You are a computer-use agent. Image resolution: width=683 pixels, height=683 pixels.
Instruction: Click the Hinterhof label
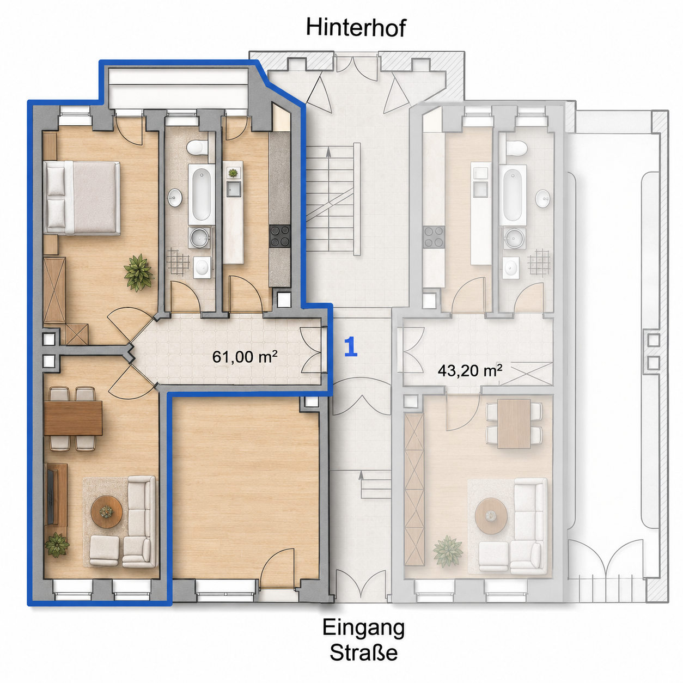(x=356, y=28)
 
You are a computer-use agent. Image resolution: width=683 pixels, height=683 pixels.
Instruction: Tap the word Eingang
(x=363, y=627)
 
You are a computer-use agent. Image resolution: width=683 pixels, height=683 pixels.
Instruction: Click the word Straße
(x=364, y=652)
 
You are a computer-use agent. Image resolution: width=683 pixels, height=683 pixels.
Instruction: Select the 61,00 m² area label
(x=245, y=357)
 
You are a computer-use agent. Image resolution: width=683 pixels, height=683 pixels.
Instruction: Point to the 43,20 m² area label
(x=469, y=371)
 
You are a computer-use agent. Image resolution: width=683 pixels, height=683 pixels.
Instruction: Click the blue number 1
(x=351, y=346)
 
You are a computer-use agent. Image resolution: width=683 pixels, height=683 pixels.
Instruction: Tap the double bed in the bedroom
(x=82, y=198)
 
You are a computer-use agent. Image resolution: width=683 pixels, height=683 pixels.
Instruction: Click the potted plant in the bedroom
(x=138, y=272)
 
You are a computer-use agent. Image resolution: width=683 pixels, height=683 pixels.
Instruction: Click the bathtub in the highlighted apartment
(x=201, y=194)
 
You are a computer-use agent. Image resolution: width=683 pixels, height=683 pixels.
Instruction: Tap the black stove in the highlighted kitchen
(x=279, y=236)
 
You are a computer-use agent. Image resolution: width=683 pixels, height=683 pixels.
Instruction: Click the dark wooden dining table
(x=73, y=418)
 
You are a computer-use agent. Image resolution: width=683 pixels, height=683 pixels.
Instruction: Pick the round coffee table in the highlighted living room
(x=107, y=511)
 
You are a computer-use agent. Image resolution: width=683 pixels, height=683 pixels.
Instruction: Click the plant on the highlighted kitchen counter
(x=233, y=173)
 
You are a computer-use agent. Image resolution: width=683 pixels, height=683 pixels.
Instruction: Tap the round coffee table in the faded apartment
(x=491, y=516)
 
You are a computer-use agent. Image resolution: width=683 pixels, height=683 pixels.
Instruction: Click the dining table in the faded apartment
(x=514, y=424)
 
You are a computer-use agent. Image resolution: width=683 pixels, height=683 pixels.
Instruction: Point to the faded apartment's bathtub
(x=512, y=194)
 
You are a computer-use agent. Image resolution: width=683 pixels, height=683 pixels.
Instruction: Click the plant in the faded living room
(x=448, y=552)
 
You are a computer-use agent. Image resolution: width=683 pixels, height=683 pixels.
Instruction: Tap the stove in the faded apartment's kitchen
(x=435, y=237)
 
